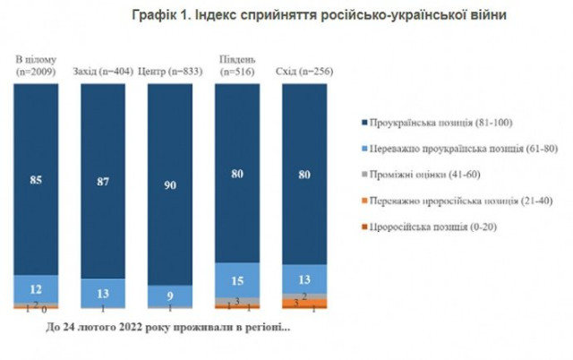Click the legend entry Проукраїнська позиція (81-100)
coord(438,122)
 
